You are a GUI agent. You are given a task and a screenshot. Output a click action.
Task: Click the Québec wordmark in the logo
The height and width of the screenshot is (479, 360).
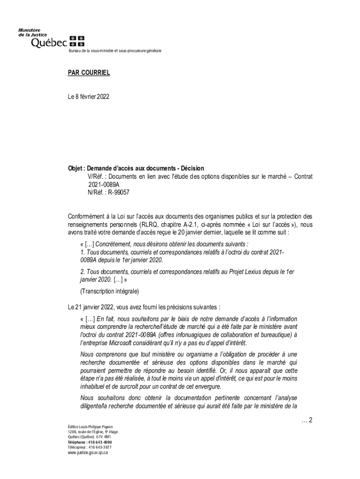tap(49, 43)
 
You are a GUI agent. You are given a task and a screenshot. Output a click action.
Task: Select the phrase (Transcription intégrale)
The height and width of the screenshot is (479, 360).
tap(109, 291)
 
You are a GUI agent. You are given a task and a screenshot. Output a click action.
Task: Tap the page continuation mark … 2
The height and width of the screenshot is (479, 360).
tap(307, 420)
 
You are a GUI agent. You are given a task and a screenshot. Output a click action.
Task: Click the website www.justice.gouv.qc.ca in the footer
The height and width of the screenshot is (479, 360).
tap(88, 453)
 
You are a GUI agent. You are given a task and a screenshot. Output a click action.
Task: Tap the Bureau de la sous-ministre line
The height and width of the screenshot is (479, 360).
tap(115, 50)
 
